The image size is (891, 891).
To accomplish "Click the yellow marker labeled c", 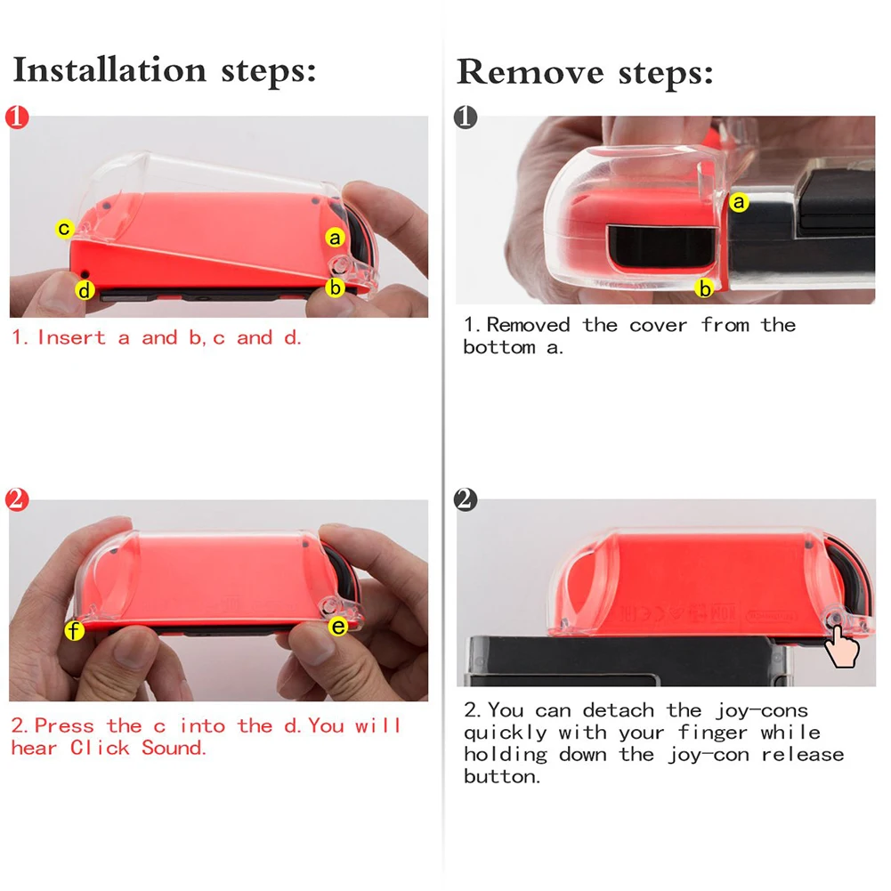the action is click(x=64, y=229).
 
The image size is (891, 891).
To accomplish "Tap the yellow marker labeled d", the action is click(x=85, y=290).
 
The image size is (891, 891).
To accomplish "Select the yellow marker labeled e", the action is click(x=338, y=627).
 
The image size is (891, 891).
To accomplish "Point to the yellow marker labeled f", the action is click(x=75, y=629).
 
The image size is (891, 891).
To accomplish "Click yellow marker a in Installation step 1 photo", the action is click(x=336, y=238).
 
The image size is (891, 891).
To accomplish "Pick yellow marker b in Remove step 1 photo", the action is click(x=705, y=288).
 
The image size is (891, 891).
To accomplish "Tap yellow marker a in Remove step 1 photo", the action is click(x=739, y=202).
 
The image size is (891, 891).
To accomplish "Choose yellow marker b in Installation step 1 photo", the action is click(x=336, y=288).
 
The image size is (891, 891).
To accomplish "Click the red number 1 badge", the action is click(x=17, y=117).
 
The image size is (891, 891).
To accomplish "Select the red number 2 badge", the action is click(x=17, y=499).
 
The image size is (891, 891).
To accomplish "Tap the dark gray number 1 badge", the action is click(x=466, y=117).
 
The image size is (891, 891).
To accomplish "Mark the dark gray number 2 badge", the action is click(x=466, y=499).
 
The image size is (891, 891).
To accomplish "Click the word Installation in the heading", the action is click(x=109, y=70).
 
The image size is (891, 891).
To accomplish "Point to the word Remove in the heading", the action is click(x=531, y=72).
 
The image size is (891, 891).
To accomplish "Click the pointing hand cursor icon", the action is click(x=841, y=646).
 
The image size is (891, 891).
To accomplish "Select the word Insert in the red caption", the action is click(x=71, y=337).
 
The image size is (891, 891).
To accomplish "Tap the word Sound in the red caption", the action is click(x=174, y=748).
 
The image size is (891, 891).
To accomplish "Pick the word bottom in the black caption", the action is click(x=499, y=347).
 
